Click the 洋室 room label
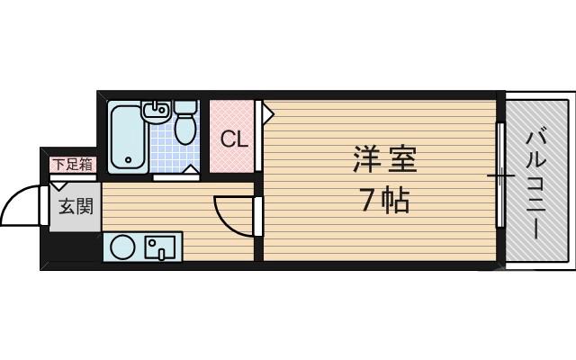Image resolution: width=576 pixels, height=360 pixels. (384, 161)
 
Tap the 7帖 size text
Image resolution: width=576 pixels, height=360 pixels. (384, 200)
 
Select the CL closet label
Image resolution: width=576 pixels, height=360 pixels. (234, 139)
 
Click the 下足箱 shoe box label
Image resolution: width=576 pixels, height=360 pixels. (71, 164)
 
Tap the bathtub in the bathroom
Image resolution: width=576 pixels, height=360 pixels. (125, 135)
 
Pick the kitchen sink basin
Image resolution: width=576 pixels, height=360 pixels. (162, 245)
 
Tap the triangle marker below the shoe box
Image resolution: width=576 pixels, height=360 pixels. (57, 186)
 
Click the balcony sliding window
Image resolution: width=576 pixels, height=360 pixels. (499, 175)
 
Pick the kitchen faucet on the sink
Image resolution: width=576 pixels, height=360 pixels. (161, 251)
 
